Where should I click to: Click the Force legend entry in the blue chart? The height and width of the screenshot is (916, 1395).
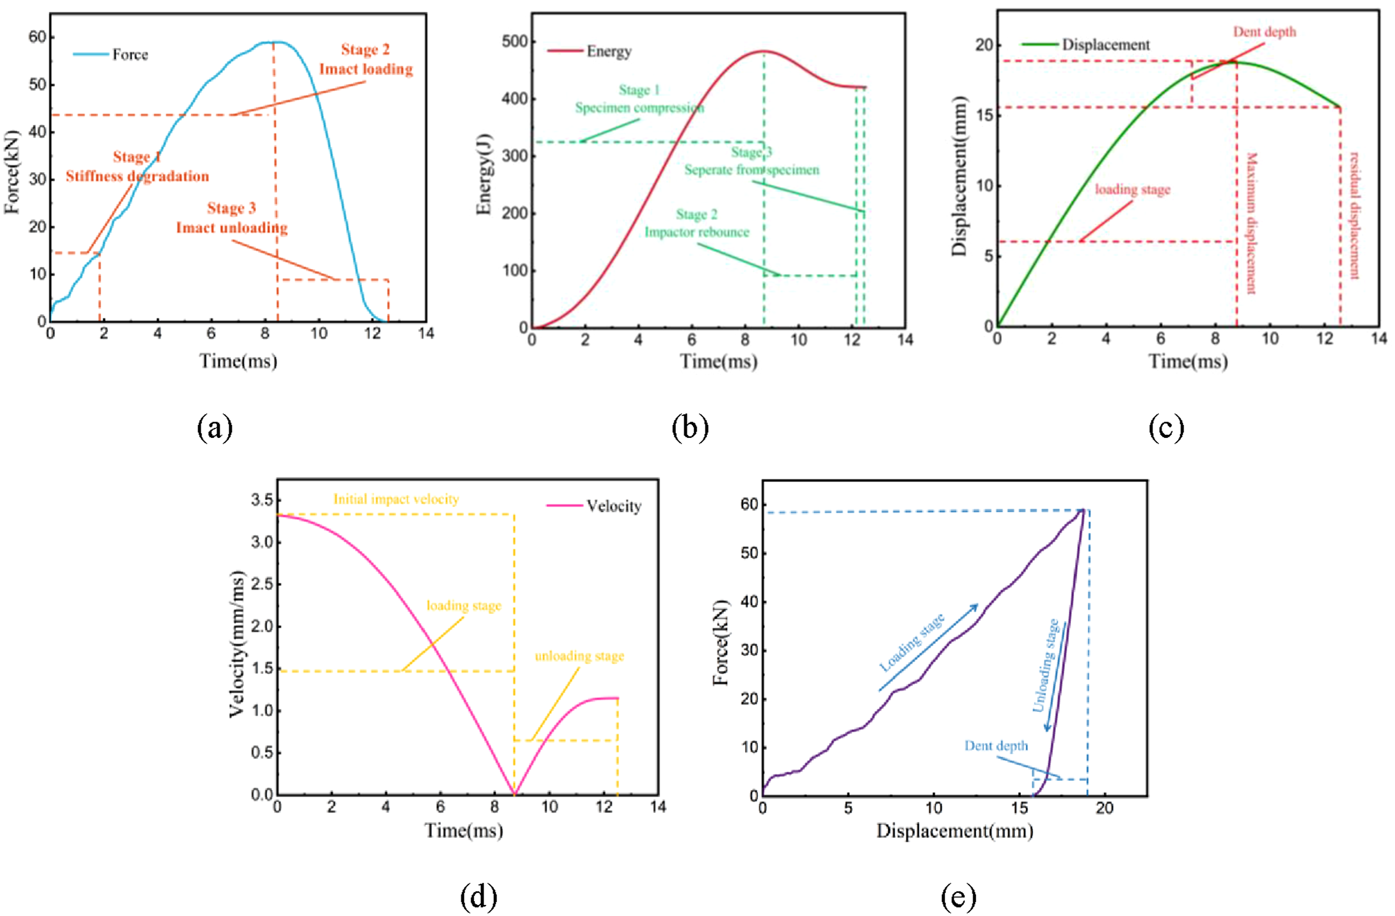pyautogui.click(x=111, y=54)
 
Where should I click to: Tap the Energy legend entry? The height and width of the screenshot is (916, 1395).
pyautogui.click(x=589, y=51)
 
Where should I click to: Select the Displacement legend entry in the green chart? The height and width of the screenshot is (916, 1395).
pyautogui.click(x=1086, y=45)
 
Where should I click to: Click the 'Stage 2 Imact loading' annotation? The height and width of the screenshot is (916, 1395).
pyautogui.click(x=366, y=59)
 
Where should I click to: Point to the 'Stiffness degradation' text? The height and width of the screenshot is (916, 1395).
pyautogui.click(x=137, y=177)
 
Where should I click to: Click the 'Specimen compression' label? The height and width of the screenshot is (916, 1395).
pyautogui.click(x=640, y=108)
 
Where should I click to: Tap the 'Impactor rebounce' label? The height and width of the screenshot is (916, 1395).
pyautogui.click(x=697, y=232)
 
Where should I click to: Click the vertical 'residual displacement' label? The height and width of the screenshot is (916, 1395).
pyautogui.click(x=1354, y=215)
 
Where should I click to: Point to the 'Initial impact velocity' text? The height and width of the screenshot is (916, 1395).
pyautogui.click(x=396, y=499)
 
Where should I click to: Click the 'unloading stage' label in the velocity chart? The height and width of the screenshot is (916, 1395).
pyautogui.click(x=579, y=656)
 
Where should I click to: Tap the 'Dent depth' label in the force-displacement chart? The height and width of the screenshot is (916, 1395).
pyautogui.click(x=996, y=745)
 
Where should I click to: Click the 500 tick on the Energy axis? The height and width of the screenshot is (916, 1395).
pyautogui.click(x=515, y=42)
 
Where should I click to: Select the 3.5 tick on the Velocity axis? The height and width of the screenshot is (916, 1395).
pyautogui.click(x=262, y=500)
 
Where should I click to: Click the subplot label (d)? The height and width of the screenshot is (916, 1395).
pyautogui.click(x=478, y=896)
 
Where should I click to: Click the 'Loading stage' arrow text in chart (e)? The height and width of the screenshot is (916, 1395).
pyautogui.click(x=912, y=641)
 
